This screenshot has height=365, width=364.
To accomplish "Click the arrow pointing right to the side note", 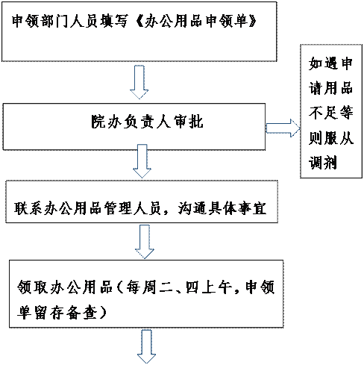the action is (x=283, y=128).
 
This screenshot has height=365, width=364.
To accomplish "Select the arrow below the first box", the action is (x=139, y=82).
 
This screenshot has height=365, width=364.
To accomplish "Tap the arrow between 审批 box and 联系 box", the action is (x=142, y=161).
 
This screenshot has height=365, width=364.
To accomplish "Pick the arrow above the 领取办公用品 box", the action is (x=145, y=242).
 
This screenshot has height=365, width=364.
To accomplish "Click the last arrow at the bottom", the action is (x=146, y=346).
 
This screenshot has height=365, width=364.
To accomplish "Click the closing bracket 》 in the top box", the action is (x=251, y=21).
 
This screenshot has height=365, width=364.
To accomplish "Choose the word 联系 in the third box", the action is (x=28, y=208).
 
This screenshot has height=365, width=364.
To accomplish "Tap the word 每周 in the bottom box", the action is (x=141, y=287).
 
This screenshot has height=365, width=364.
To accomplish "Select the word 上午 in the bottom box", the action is (x=216, y=287).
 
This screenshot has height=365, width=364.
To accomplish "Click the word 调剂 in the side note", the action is (x=323, y=163).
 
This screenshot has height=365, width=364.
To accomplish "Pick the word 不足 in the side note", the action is (x=323, y=113).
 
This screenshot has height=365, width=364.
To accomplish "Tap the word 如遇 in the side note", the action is (x=323, y=63).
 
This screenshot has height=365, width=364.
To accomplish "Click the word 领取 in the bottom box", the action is (x=32, y=287).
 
